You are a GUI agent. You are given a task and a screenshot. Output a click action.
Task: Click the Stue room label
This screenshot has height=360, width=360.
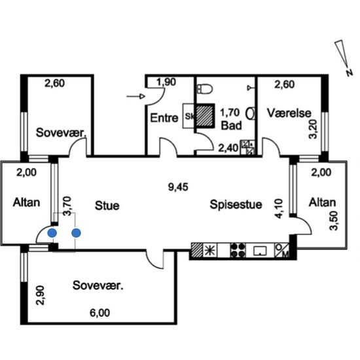(x=107, y=206)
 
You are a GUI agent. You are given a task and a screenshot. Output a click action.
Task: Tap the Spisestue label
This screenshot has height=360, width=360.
(x=236, y=204)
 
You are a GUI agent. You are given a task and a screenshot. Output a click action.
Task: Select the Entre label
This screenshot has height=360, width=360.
(x=164, y=118)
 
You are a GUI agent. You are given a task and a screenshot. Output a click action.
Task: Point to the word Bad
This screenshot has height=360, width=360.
(x=231, y=126)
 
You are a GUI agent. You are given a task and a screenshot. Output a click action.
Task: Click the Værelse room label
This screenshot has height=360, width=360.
(x=289, y=113)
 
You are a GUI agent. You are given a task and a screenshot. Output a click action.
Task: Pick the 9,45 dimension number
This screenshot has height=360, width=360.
(x=178, y=187)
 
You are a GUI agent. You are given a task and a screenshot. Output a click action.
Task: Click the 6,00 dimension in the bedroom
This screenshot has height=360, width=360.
(x=99, y=313)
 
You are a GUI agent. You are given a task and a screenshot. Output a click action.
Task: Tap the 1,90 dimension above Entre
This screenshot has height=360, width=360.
(x=166, y=82)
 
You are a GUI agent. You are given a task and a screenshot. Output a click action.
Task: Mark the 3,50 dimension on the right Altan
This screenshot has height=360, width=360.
(x=334, y=221)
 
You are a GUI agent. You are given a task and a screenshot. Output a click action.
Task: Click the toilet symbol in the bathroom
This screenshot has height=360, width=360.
(x=205, y=89)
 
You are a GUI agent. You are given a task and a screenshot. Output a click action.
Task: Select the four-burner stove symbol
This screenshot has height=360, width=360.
(x=238, y=250)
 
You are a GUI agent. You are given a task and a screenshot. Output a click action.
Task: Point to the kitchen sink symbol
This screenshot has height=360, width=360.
(x=260, y=251)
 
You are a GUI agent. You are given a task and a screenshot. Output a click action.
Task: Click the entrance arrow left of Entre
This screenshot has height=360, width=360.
(x=135, y=96)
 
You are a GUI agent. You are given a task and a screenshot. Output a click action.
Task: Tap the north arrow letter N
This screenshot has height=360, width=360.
(x=350, y=73)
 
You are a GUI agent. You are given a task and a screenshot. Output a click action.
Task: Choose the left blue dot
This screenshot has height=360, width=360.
(x=52, y=233)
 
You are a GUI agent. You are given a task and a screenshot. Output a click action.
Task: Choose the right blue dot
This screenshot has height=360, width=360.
(x=76, y=233)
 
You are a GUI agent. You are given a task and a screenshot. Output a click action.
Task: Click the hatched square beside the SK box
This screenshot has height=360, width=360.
(x=205, y=116)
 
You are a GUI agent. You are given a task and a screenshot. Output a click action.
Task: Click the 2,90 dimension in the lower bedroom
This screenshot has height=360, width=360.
(x=41, y=295)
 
